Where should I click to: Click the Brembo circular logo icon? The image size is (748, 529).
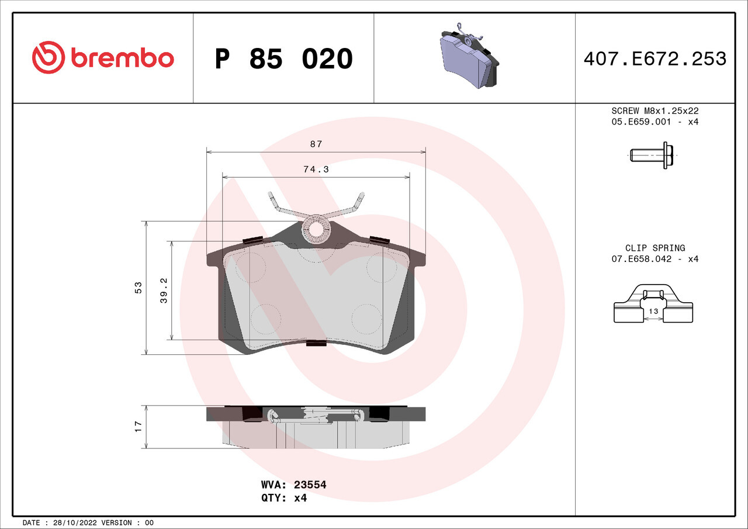(x=49, y=57)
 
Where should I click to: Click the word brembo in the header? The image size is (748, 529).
(x=122, y=58)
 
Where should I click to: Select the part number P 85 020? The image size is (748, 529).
(x=284, y=59)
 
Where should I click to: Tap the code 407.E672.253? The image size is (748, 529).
(x=655, y=59)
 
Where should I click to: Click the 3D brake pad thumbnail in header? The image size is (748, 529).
(x=470, y=56)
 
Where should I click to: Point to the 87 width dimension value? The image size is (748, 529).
(x=316, y=144)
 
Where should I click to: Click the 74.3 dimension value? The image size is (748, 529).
(x=316, y=170)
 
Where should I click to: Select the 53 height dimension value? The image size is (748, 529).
(x=138, y=288)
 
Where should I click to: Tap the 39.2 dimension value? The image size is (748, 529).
(x=164, y=291)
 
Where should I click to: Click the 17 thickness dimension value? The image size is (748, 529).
(x=138, y=427)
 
